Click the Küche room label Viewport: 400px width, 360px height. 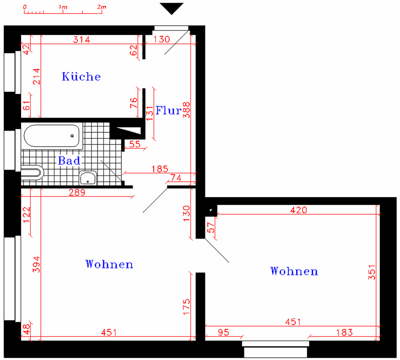click(x=81, y=76)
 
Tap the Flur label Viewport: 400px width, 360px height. click(x=169, y=110)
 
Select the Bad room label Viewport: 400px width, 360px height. click(x=69, y=161)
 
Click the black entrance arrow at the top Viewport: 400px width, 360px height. click(x=171, y=9)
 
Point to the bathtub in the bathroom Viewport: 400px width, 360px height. click(x=52, y=136)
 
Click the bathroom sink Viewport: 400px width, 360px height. click(x=88, y=178)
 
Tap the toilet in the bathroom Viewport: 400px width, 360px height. click(x=32, y=173)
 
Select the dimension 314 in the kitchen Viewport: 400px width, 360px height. click(x=82, y=40)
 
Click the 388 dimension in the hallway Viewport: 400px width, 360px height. click(x=187, y=110)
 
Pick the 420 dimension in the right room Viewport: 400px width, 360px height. click(x=299, y=210)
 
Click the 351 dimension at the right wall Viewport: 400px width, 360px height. click(x=372, y=272)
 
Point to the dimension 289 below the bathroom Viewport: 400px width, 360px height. click(x=77, y=193)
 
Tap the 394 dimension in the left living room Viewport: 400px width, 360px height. click(x=36, y=265)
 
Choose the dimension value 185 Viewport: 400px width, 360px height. click(x=160, y=169)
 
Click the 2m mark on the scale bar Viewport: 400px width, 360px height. click(x=102, y=7)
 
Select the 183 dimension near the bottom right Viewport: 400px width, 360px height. click(x=344, y=333)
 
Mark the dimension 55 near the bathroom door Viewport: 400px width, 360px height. click(x=135, y=144)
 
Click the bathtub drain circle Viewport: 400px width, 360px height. click(x=72, y=136)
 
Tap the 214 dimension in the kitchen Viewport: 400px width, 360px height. click(x=36, y=76)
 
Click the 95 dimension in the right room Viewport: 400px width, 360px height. click(x=223, y=333)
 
